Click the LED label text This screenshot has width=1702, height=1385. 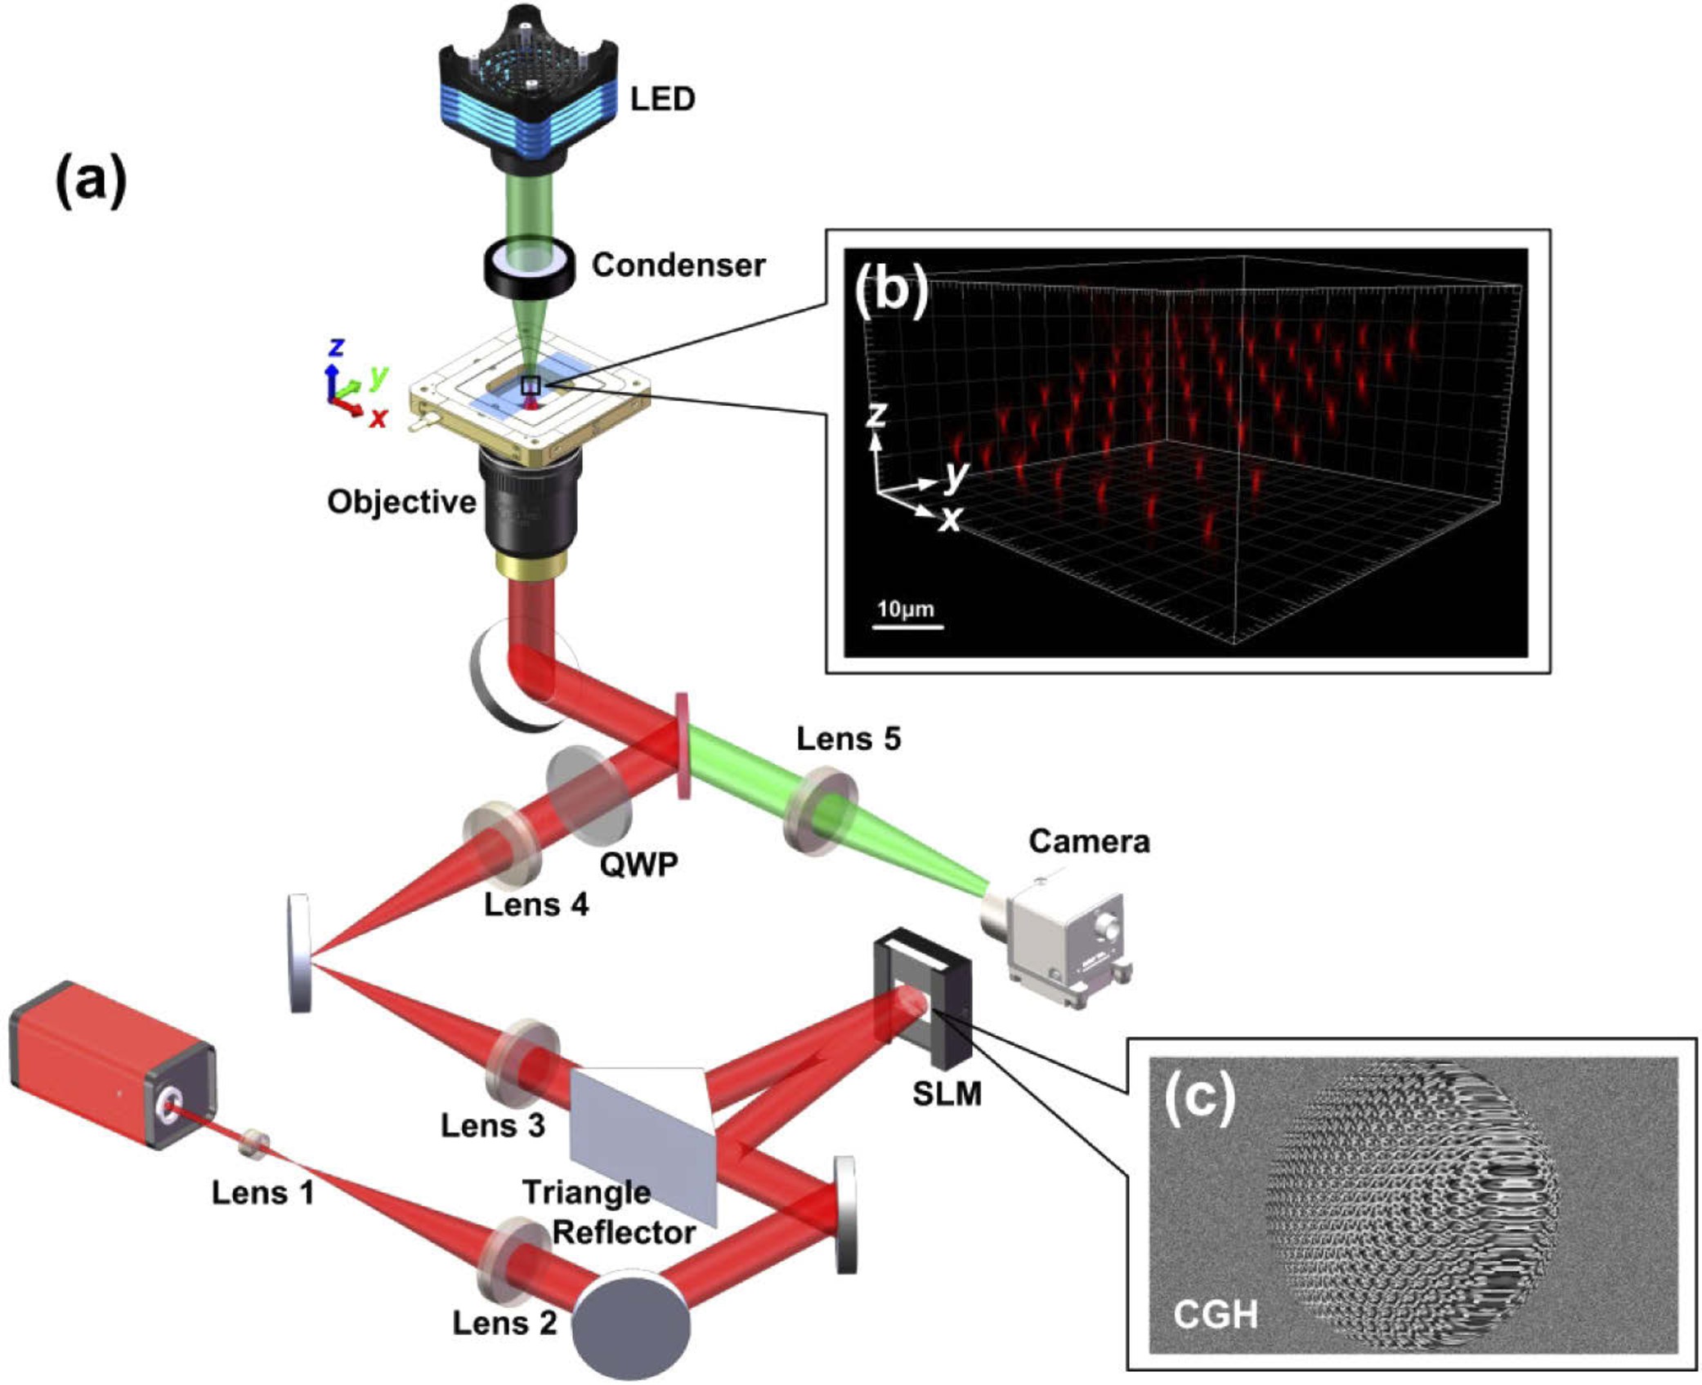(662, 100)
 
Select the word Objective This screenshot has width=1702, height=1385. (401, 502)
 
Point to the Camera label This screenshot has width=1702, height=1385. (1089, 842)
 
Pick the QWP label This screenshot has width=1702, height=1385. (638, 864)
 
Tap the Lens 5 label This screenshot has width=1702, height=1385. (849, 739)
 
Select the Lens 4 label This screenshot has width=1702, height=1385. (536, 905)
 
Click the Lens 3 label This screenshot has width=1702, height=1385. (493, 1125)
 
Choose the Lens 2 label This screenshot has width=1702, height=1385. (504, 1323)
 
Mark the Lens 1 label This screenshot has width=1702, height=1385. (262, 1193)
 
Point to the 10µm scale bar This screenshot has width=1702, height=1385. (907, 626)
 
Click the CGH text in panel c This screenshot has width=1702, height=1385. (1215, 1315)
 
